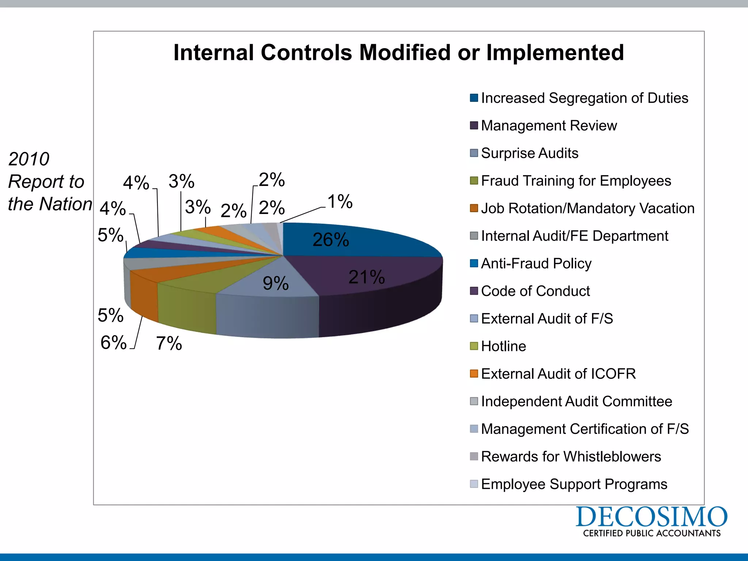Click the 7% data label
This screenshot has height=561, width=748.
click(x=169, y=343)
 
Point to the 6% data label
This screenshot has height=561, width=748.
click(x=113, y=343)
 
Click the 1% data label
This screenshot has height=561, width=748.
click(x=340, y=202)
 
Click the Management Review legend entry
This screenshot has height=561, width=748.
click(x=549, y=126)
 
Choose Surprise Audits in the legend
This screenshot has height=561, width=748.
click(x=530, y=153)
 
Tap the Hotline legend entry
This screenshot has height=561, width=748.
click(x=503, y=346)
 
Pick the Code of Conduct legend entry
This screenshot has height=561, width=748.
click(x=535, y=291)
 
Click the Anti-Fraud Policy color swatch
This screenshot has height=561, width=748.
click(x=474, y=263)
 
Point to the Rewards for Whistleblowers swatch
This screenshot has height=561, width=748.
click(x=474, y=457)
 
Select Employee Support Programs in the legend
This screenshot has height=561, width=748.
click(x=574, y=484)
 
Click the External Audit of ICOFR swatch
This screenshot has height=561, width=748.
click(x=474, y=374)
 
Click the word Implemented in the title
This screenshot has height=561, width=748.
click(x=555, y=53)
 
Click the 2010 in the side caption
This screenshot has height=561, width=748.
click(x=28, y=159)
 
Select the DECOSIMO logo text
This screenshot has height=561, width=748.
click(x=652, y=517)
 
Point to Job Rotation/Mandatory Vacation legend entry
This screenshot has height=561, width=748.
click(x=587, y=208)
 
